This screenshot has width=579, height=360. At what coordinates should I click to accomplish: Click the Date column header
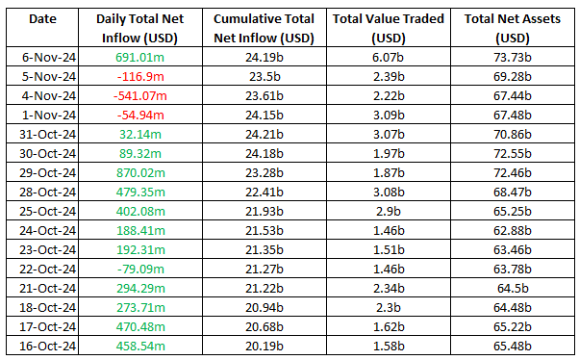click(42, 19)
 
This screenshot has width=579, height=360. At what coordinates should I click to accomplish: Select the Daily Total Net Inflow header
click(140, 29)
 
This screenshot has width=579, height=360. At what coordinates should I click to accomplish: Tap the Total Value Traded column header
click(389, 29)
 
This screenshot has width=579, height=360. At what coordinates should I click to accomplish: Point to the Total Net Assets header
click(513, 29)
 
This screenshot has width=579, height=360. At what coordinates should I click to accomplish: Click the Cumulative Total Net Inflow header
click(264, 29)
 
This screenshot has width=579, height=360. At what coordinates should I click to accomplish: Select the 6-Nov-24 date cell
click(49, 58)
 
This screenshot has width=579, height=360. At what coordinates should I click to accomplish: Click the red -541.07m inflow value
click(140, 96)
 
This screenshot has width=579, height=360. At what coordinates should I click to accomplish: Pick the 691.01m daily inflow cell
click(140, 58)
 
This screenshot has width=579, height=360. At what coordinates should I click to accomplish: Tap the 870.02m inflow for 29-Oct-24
click(140, 173)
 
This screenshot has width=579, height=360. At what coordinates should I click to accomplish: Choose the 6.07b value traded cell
click(389, 58)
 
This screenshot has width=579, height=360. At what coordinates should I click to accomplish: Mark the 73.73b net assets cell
click(513, 58)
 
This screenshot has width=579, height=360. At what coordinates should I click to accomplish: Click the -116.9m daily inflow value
click(140, 77)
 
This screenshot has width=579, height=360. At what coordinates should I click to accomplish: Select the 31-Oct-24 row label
click(48, 135)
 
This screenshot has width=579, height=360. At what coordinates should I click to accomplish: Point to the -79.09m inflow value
click(140, 270)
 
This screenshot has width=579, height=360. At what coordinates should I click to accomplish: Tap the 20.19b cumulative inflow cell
click(264, 347)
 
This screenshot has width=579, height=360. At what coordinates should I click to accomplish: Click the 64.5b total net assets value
click(513, 289)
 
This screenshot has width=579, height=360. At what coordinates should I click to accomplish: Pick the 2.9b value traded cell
click(389, 212)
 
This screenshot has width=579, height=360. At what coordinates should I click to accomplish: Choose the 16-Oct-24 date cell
click(48, 347)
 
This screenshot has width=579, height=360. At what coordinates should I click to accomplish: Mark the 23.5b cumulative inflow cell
click(264, 77)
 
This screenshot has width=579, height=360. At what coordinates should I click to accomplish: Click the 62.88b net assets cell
click(513, 231)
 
